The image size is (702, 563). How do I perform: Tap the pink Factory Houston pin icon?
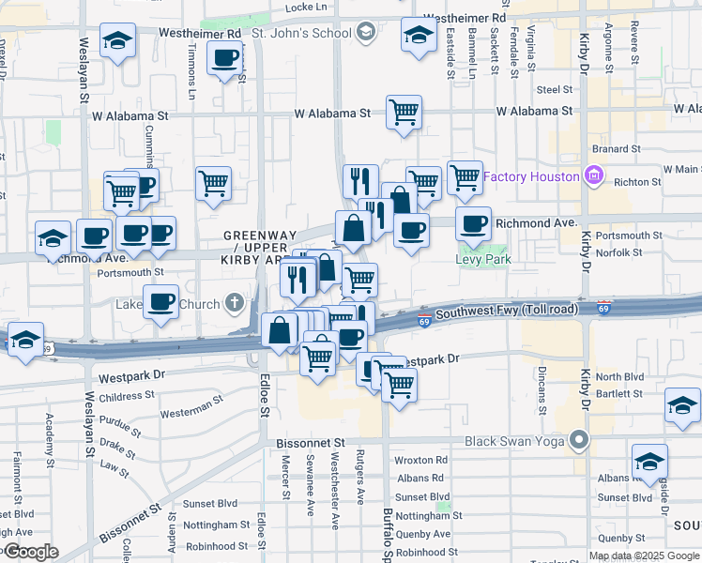click(592, 175)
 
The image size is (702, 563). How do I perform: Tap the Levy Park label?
click(483, 259)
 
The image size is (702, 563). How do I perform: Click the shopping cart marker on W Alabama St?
click(404, 113)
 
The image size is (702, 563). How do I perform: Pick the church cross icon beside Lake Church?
click(233, 303)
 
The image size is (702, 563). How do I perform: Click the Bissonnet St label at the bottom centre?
click(311, 441)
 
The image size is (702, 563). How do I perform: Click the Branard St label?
click(615, 148)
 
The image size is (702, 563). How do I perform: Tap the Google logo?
click(30, 552)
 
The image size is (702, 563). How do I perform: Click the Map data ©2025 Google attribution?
click(644, 555)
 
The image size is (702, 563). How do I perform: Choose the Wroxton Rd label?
click(420, 461)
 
